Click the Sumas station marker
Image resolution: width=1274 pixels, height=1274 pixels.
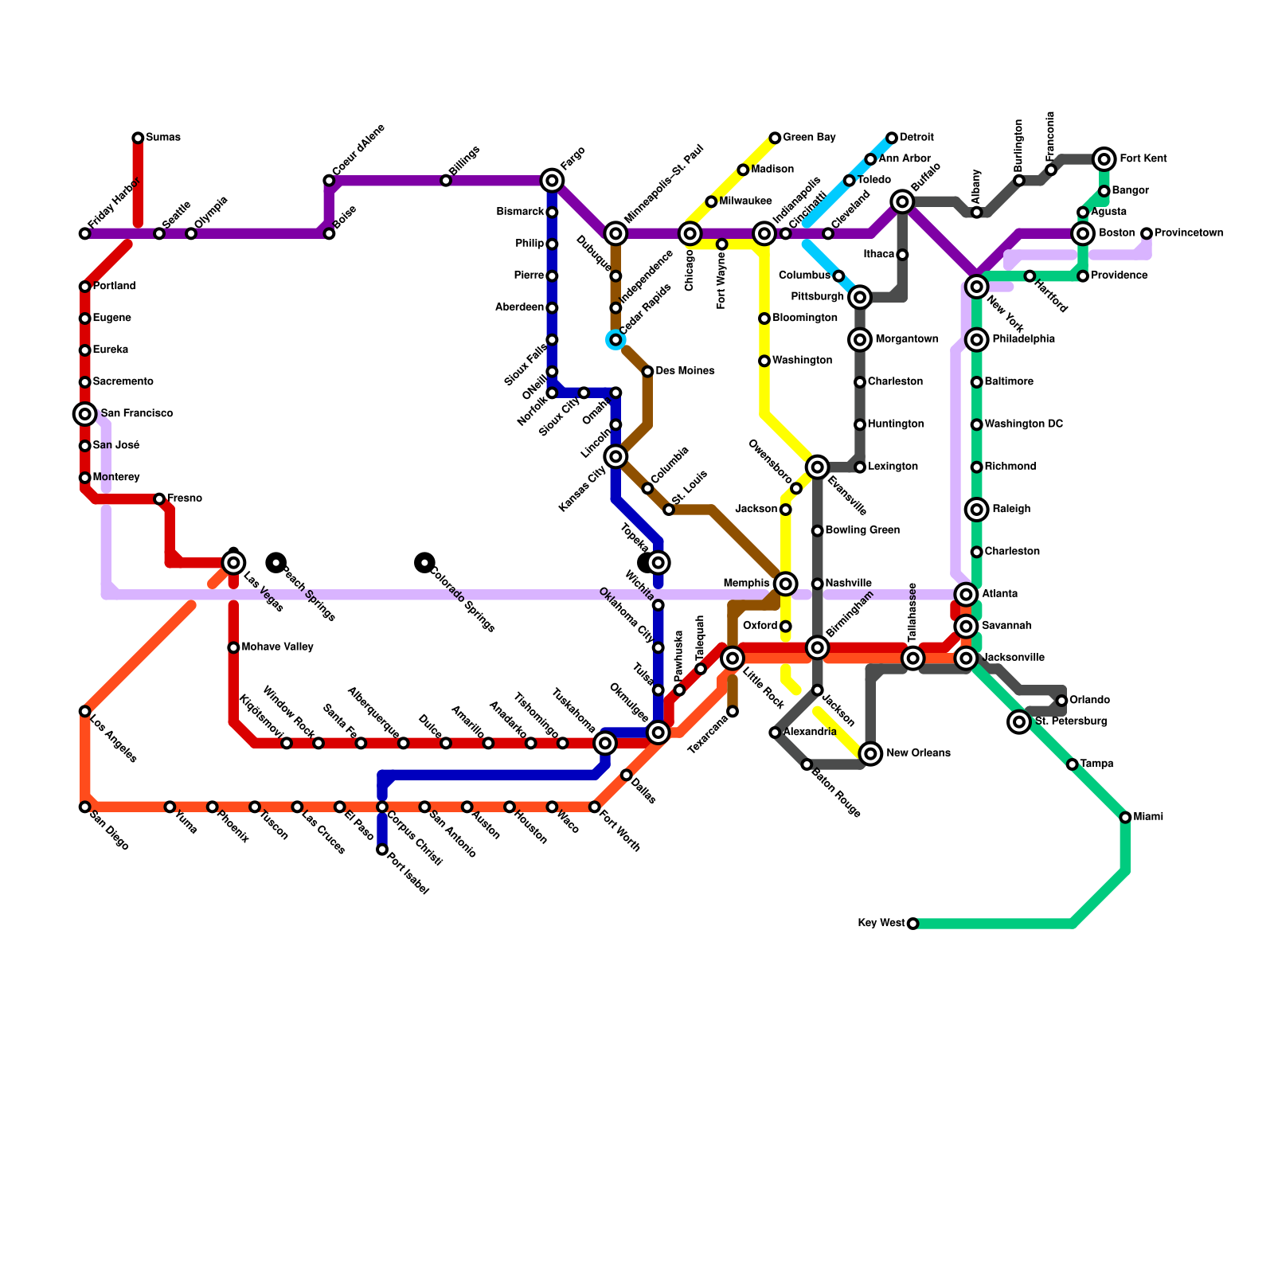[138, 139]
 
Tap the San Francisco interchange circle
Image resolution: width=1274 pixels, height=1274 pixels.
[84, 414]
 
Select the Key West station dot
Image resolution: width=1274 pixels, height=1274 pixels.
[913, 924]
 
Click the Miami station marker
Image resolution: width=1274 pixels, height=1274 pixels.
[1124, 818]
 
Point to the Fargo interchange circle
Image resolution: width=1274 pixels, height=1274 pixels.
[552, 181]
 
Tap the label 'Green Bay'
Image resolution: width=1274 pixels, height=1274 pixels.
[809, 138]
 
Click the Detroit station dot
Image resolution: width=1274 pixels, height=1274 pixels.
[892, 139]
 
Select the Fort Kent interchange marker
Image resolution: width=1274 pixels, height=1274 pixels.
[1104, 159]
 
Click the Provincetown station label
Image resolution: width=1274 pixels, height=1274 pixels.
[1189, 233]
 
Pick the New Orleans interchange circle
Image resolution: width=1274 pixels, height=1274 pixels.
[871, 753]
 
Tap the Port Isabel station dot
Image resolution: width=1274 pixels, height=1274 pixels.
[382, 850]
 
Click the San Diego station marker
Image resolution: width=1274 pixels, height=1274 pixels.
[84, 807]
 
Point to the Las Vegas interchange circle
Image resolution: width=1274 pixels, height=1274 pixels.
[233, 563]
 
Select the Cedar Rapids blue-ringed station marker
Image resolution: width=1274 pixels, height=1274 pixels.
[616, 340]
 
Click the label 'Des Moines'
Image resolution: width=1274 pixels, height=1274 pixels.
[685, 371]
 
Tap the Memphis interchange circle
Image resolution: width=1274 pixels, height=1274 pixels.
[785, 584]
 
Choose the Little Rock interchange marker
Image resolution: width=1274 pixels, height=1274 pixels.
[733, 658]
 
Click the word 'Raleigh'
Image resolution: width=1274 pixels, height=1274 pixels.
[1011, 510]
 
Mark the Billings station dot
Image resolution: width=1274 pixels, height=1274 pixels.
[446, 181]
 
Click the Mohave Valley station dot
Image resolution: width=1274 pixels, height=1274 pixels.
[233, 647]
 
